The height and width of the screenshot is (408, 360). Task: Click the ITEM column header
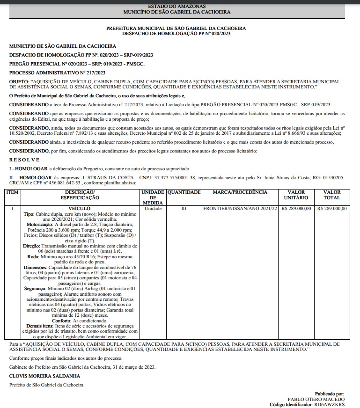pos(12,192)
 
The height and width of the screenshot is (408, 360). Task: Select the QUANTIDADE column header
pos(184,192)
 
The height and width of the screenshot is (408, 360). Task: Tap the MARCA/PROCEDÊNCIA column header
pos(240,192)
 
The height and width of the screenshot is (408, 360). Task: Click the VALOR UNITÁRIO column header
pos(296,195)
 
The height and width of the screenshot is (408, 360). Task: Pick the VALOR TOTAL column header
pos(332,195)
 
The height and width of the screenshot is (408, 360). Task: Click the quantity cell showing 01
pos(184,209)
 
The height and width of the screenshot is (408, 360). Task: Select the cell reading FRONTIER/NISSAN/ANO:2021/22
pos(240,209)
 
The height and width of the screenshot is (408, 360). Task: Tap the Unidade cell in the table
pos(153,209)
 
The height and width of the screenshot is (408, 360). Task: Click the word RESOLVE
pos(21,160)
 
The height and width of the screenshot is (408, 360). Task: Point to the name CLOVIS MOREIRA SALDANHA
pos(44,376)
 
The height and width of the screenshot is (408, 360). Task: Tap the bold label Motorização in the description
pos(40,224)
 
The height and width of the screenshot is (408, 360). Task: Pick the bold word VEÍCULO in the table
pos(80,209)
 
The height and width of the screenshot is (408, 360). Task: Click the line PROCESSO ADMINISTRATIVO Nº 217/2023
pos(57,73)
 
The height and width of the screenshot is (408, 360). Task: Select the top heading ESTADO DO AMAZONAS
pos(180,6)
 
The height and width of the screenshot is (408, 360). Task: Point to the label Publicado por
pos(330,394)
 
